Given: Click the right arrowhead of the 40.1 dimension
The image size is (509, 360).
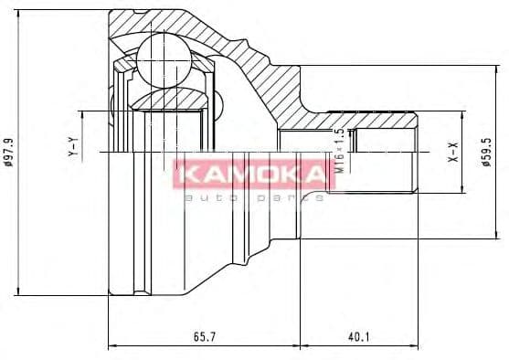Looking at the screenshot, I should click(416, 347).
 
